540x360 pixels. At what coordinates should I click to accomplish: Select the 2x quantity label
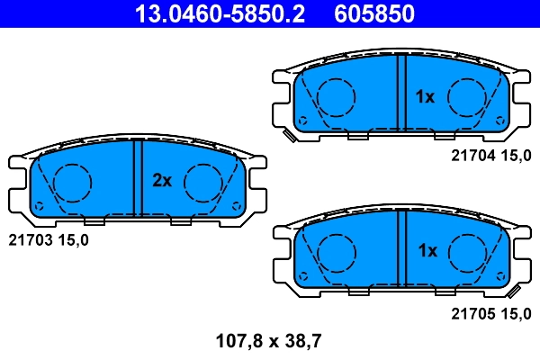(x=161, y=181)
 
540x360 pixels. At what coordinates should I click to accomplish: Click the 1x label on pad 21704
(x=425, y=96)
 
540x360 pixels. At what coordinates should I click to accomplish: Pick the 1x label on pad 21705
(x=425, y=250)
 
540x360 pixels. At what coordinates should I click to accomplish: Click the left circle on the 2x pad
(x=72, y=183)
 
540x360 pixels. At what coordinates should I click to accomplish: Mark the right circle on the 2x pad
(x=203, y=183)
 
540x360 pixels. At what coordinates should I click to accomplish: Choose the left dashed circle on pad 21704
(x=335, y=96)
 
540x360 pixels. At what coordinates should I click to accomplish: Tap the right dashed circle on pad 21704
(x=468, y=96)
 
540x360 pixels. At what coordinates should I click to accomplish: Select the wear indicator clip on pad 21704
(x=290, y=136)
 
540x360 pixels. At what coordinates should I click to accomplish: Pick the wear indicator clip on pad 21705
(x=513, y=292)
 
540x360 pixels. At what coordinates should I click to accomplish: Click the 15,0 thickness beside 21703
(x=73, y=240)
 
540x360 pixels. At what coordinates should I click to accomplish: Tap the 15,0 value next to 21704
(x=516, y=156)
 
